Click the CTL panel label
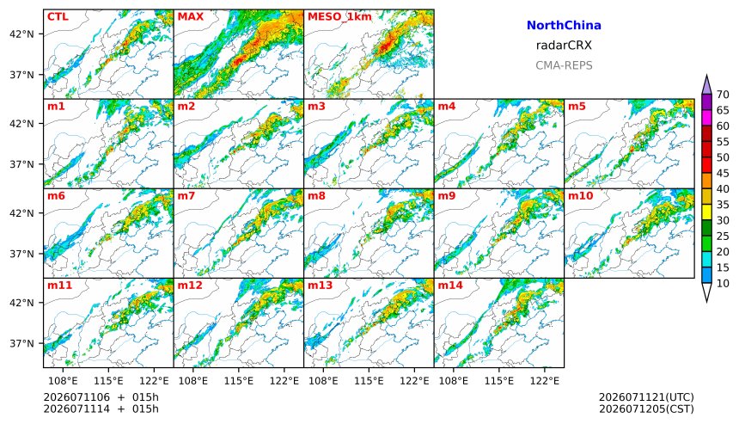point(58,17)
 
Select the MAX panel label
point(191,17)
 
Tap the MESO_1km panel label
point(339,17)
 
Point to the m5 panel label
point(577,107)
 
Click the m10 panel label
point(580,196)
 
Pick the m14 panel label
point(450,286)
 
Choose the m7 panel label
point(186,196)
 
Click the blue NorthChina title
point(564,26)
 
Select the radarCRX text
point(564,46)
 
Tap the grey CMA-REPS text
point(564,65)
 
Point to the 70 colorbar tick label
point(723,95)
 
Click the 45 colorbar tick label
point(723,174)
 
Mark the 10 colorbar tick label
point(723,284)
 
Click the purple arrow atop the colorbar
point(706,85)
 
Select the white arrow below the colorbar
point(706,292)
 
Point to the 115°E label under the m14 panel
point(498,381)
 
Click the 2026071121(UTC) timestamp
point(646,397)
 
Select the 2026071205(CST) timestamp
point(646,409)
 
